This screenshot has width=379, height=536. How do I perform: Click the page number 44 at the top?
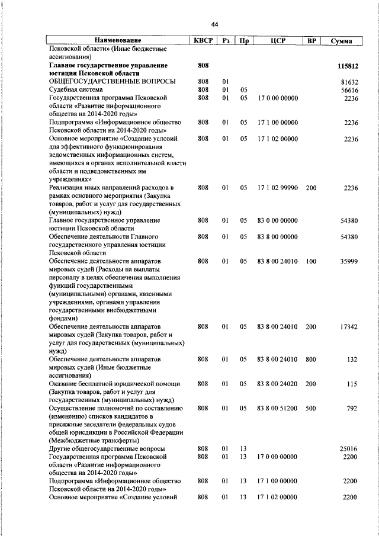[x=214, y=24]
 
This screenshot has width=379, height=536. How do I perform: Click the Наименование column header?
[x=118, y=41]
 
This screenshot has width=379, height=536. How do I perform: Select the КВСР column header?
[x=204, y=41]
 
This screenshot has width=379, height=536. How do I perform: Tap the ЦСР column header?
[x=277, y=41]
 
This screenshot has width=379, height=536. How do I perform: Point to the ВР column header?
[x=311, y=41]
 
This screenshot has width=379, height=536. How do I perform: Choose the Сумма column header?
[x=342, y=41]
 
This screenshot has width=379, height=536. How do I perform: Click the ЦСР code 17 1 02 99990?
[x=277, y=188]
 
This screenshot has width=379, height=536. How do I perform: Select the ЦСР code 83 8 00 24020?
[x=277, y=384]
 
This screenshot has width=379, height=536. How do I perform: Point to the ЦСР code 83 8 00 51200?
[x=277, y=408]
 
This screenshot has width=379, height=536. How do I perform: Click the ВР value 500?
[x=311, y=408]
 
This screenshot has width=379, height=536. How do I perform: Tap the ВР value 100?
[x=311, y=261]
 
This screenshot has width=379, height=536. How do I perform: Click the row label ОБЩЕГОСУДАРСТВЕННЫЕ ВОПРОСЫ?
[x=112, y=81]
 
